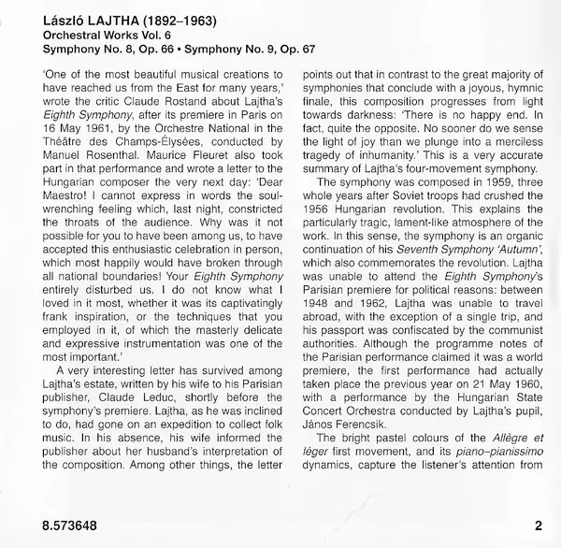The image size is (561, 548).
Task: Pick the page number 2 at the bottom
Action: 539,526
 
